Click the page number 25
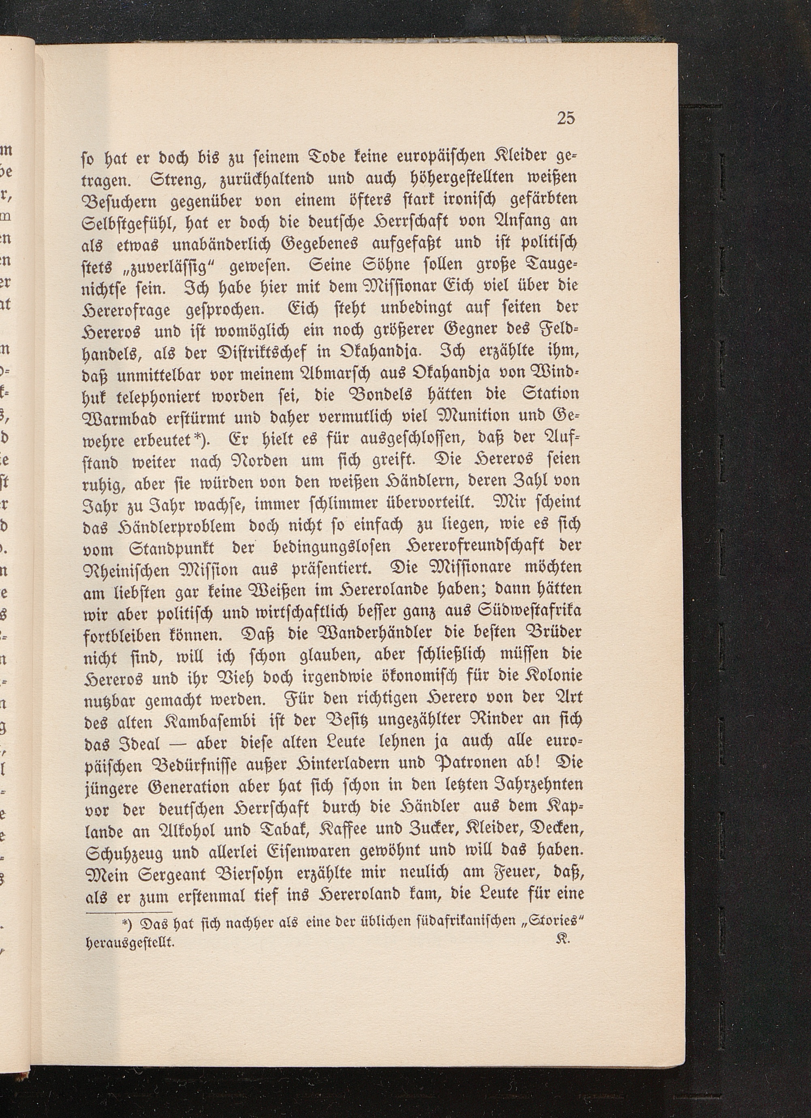[566, 118]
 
